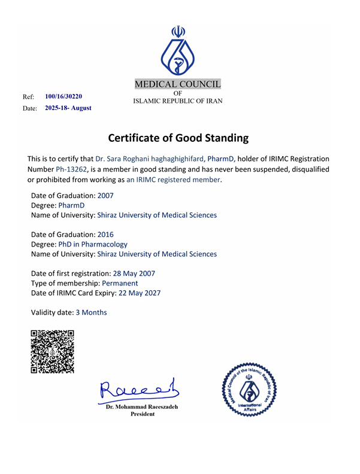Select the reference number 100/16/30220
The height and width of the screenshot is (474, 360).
[63, 96]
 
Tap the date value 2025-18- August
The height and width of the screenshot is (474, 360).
[68, 108]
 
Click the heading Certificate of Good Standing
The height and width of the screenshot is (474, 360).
[178, 138]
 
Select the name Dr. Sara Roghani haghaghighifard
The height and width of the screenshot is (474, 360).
[150, 159]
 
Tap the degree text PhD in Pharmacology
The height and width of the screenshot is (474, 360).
[93, 244]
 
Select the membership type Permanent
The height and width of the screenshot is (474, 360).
[119, 283]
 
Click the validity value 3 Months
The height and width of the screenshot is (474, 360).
[91, 312]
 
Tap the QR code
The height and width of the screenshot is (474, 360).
[52, 351]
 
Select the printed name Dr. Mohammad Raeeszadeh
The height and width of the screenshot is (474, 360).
[142, 407]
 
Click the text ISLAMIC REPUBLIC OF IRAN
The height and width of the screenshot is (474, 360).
[177, 101]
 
